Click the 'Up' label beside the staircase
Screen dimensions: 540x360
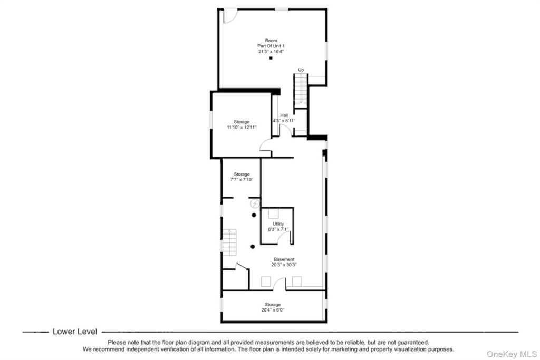point(301,70)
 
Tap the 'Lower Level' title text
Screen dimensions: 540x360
point(75,332)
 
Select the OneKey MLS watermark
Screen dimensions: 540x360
point(512,354)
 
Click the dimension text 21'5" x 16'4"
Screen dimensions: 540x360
point(271,51)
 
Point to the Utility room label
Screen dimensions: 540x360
point(278,223)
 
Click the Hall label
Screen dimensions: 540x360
point(284,115)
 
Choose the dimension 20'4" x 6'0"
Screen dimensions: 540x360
point(273,310)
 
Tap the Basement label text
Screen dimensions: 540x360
point(284,259)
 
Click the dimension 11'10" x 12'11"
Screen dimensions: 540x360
point(242,127)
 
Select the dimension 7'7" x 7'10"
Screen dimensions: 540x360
point(242,179)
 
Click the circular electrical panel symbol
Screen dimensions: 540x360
point(255,204)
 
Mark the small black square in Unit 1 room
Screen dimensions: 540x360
point(271,58)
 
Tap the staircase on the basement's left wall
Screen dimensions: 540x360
point(229,242)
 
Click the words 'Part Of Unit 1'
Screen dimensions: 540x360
point(271,46)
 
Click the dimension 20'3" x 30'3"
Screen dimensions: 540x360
point(284,265)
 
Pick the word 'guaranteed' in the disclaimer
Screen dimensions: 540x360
point(411,343)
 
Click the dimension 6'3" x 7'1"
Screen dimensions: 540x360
point(278,229)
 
